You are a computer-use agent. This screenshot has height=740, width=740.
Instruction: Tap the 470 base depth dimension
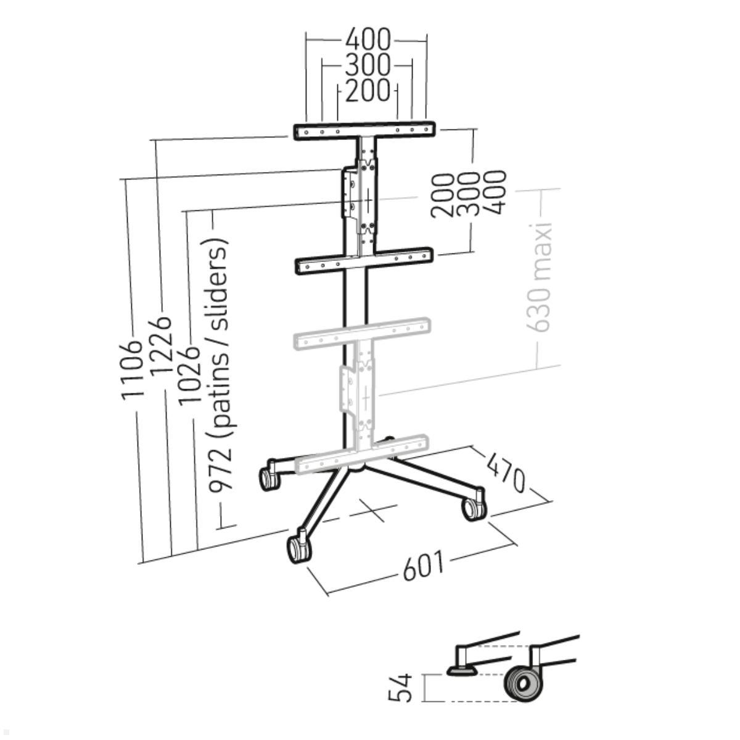pyautogui.click(x=506, y=471)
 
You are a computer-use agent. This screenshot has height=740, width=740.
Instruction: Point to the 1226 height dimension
pyautogui.click(x=161, y=346)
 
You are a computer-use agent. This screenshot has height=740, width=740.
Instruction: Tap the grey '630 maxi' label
pyautogui.click(x=541, y=277)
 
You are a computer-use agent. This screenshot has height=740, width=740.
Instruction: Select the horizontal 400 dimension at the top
pyautogui.click(x=368, y=40)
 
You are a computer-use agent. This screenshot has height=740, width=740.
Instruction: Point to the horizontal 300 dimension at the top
pyautogui.click(x=368, y=64)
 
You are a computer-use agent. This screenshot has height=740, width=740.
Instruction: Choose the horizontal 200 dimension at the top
pyautogui.click(x=368, y=91)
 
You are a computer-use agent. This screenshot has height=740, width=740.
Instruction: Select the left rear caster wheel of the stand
pyautogui.click(x=268, y=478)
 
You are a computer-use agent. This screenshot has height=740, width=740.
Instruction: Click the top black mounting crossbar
pyautogui.click(x=365, y=131)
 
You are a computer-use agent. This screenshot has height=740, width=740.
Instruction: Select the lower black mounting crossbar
pyautogui.click(x=364, y=261)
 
